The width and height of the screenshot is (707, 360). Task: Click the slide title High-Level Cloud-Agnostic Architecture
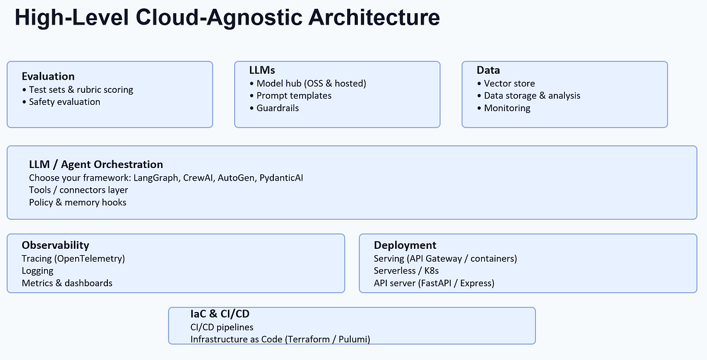227,18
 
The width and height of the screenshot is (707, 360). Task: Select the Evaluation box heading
48,76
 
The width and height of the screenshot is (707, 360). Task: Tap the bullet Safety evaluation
64,102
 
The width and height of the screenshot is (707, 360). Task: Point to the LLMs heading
262,70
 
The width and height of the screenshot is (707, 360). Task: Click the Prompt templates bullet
294,95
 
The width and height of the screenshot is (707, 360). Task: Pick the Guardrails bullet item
278,108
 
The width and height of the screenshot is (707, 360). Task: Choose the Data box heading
488,70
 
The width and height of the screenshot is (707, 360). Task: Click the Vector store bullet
509,83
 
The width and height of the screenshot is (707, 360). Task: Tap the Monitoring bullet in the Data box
507,108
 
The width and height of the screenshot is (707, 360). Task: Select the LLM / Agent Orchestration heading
96,165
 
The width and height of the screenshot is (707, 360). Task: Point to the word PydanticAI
282,178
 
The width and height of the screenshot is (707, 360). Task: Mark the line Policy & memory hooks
78,203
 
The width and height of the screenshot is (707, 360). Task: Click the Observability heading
56,245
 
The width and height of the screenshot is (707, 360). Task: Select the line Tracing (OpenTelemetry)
73,258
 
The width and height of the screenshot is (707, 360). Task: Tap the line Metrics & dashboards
67,283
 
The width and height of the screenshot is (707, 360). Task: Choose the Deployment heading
405,245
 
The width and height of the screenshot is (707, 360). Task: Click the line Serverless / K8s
406,271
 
